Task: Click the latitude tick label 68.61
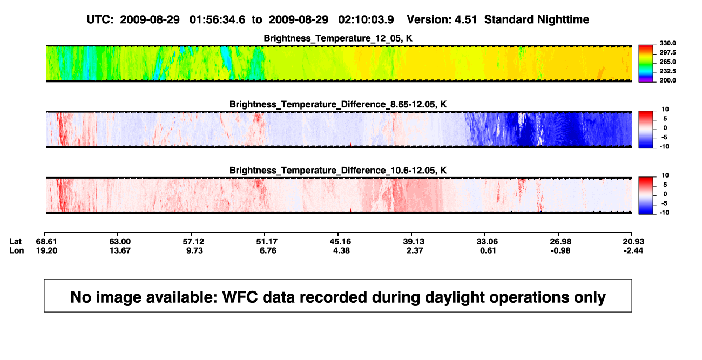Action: (46, 242)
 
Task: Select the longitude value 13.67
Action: (120, 250)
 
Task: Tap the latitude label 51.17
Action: (267, 242)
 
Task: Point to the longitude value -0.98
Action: (561, 250)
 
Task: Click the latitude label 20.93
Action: (633, 242)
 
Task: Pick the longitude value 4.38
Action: (341, 250)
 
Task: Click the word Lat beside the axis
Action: (15, 242)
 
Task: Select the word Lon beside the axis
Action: (17, 250)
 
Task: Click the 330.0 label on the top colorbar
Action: (667, 43)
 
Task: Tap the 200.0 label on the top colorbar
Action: (667, 80)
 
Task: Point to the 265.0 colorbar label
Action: (667, 62)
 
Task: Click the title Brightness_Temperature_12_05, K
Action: (338, 38)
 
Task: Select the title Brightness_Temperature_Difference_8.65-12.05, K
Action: (338, 104)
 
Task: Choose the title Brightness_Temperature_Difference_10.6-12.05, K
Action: (338, 171)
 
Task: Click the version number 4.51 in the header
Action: (465, 19)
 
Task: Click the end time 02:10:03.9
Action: (366, 19)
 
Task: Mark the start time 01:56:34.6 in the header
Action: (217, 19)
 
